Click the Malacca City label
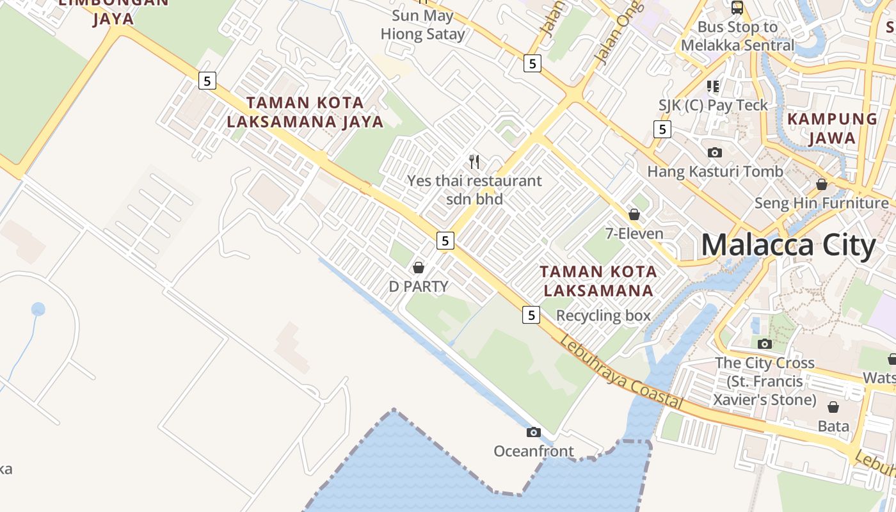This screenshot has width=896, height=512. point(788,246)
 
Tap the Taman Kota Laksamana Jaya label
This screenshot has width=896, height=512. point(305,112)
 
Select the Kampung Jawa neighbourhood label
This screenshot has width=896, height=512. point(832,128)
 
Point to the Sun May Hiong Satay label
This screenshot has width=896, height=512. point(422,25)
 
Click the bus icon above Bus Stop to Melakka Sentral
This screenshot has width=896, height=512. point(737,8)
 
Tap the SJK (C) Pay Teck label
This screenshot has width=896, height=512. point(713,105)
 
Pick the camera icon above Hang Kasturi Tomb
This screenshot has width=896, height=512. point(715,152)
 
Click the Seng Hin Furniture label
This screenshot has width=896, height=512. point(822,203)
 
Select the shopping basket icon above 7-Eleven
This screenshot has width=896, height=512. point(634,214)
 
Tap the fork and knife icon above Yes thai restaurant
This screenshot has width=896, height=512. point(474,161)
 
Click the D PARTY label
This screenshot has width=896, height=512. point(419,286)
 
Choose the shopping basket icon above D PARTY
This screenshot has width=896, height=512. point(419,268)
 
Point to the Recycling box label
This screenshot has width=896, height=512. point(603,316)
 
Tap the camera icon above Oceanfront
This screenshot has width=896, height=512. point(533,433)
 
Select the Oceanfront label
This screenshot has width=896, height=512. point(533,451)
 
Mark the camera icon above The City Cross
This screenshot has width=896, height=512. point(765,344)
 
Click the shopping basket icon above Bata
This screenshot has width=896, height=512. point(833,407)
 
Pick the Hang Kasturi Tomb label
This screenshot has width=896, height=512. point(715,172)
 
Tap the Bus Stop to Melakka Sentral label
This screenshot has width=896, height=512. point(737,36)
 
